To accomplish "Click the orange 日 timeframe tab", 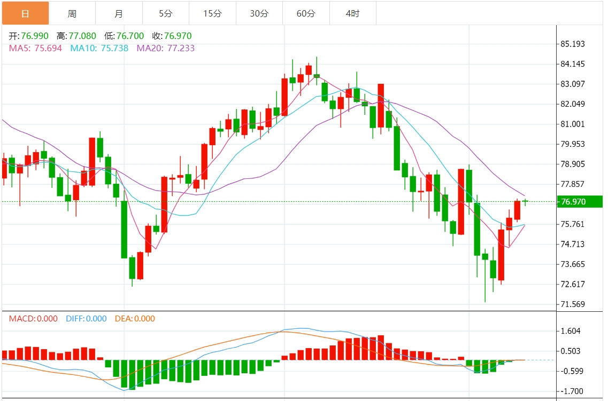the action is tap(25, 13).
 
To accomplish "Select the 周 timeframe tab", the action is tap(72, 13).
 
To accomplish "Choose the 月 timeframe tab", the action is tap(119, 13).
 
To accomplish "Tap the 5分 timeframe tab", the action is tap(166, 13).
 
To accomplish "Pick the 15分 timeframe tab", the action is tap(212, 13).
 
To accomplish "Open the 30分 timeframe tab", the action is tap(259, 13).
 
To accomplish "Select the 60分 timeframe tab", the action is tap(306, 13).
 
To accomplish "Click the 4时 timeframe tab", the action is tap(353, 13).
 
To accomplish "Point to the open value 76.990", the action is tap(35, 36).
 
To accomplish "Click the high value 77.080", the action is tap(82, 36).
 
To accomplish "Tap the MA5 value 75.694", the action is tap(48, 49).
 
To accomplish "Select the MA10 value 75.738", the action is tap(115, 49).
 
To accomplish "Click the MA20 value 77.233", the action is tap(181, 49).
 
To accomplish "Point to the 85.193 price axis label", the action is tap(573, 44).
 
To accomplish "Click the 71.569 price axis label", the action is tap(573, 304).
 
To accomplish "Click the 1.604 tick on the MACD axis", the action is tap(571, 331).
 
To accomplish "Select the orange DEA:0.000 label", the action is tap(135, 319).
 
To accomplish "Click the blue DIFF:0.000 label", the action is tap(86, 319).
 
